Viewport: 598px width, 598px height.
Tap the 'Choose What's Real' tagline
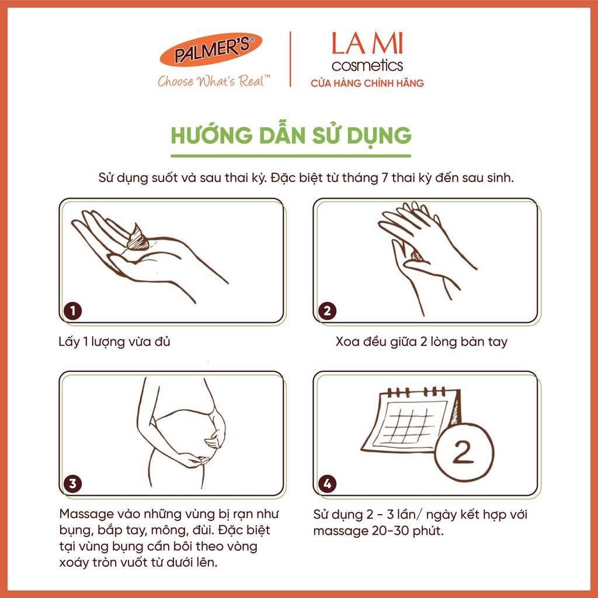click(x=214, y=81)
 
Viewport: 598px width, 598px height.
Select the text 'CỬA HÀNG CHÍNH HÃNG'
click(x=367, y=84)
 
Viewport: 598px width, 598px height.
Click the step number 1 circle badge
click(x=72, y=311)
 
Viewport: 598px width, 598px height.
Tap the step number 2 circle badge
click(x=326, y=311)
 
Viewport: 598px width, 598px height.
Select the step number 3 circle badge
click(x=72, y=484)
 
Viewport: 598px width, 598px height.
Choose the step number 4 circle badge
click(x=326, y=484)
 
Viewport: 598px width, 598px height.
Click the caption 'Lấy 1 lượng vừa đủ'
click(x=114, y=342)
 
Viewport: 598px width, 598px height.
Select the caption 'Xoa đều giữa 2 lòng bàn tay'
click(x=422, y=342)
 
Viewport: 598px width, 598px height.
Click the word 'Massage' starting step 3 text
click(x=86, y=515)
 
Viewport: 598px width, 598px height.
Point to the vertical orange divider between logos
click(x=291, y=60)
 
